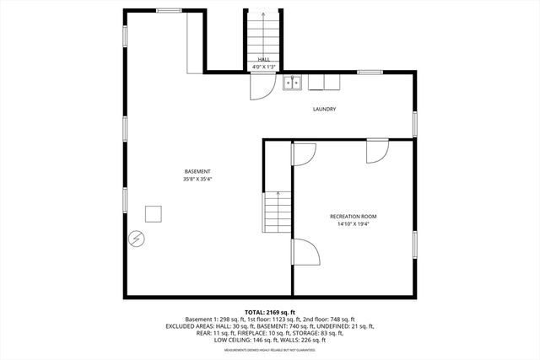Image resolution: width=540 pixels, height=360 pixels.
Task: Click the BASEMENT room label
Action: (x=197, y=171)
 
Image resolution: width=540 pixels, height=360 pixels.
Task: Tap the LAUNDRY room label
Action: (x=325, y=110)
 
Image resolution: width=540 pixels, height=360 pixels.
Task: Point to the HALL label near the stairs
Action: (x=263, y=59)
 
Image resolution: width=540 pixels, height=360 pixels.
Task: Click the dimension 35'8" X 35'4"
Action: (x=197, y=179)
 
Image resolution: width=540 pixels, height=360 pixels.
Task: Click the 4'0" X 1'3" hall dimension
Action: (x=263, y=67)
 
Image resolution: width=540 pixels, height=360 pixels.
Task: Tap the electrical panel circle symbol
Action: (x=135, y=239)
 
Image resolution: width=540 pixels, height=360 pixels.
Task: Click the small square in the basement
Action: (x=154, y=213)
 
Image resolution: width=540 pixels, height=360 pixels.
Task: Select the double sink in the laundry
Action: (x=293, y=83)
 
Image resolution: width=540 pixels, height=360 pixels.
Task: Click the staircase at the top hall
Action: (x=263, y=34)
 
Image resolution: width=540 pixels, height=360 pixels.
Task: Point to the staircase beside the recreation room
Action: (x=277, y=213)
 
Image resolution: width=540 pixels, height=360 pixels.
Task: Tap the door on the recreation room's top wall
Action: (x=377, y=151)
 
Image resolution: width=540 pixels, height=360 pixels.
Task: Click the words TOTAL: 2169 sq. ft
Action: (x=270, y=313)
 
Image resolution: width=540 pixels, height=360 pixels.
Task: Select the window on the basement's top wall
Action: (x=169, y=10)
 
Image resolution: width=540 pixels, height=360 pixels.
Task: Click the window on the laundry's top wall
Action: (x=369, y=73)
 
